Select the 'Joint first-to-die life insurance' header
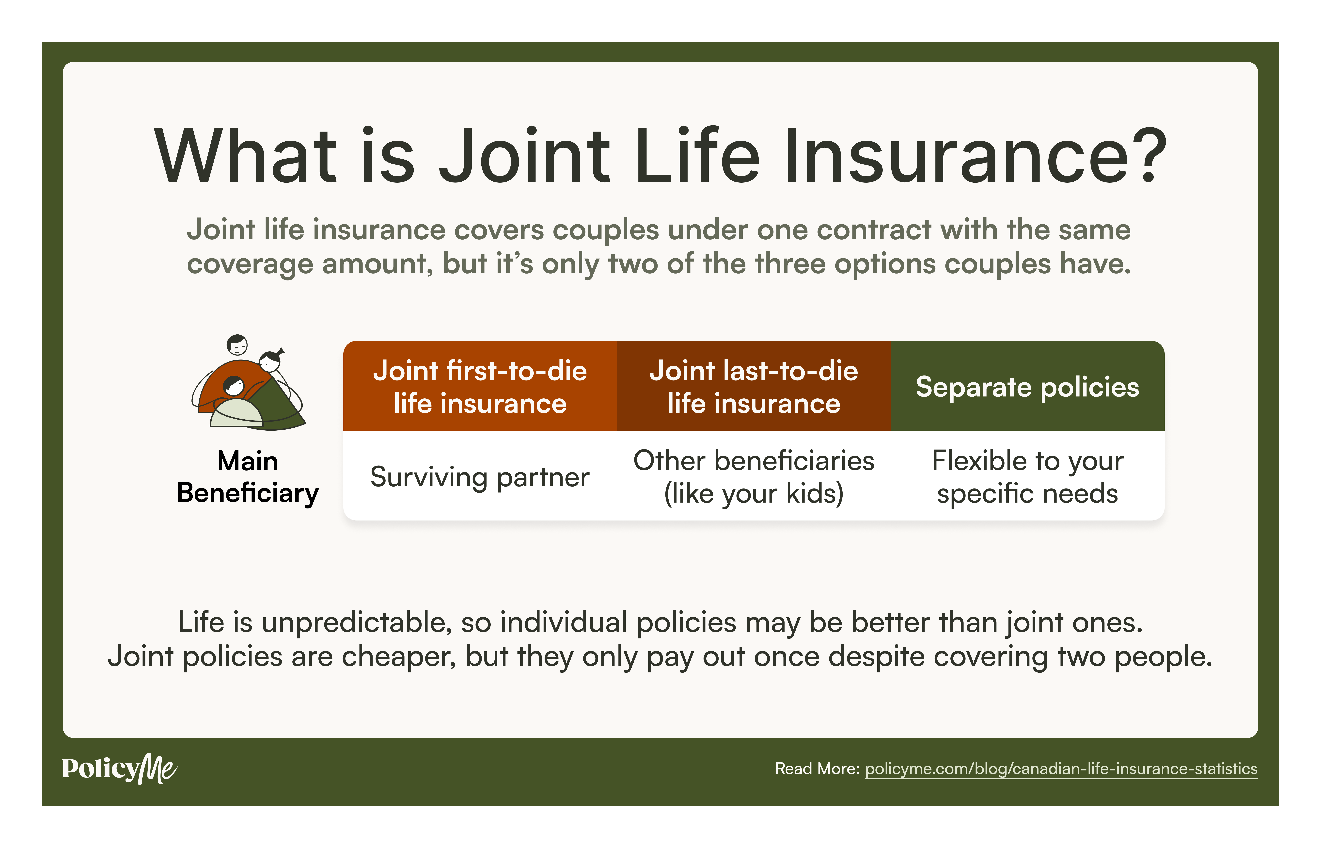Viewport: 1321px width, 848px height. [480, 386]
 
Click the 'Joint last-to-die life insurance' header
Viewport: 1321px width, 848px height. [754, 386]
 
